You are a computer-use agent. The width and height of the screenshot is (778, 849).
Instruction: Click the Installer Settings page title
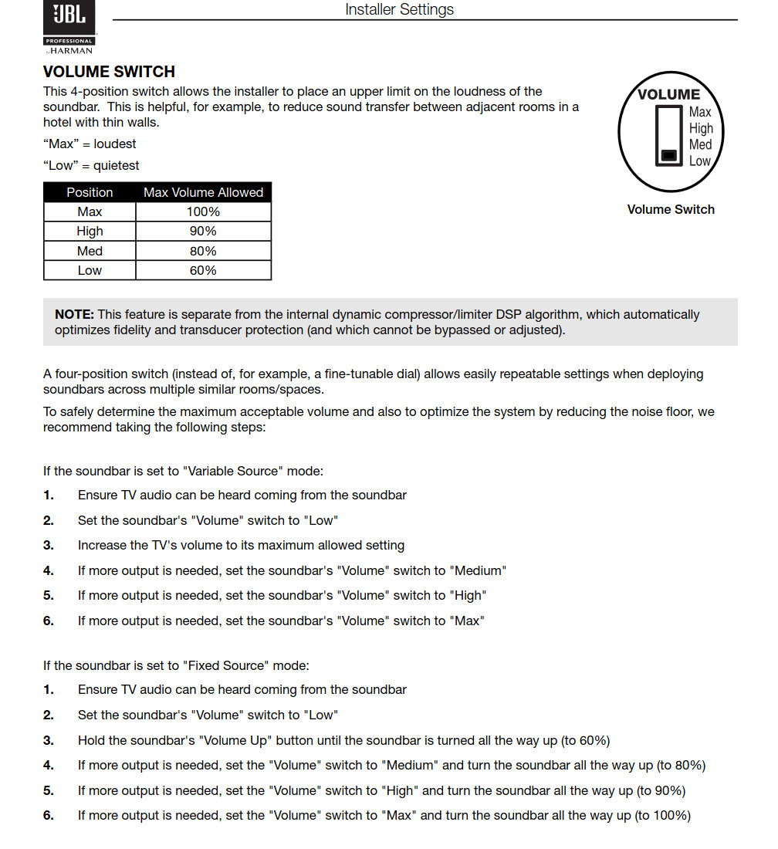click(x=399, y=9)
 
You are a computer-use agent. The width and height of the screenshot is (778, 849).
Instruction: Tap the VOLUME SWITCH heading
click(x=109, y=72)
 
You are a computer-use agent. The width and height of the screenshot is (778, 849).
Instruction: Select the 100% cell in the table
click(x=203, y=211)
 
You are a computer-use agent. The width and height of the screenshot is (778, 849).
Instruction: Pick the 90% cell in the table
click(x=203, y=231)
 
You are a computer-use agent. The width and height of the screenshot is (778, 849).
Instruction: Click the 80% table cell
click(x=203, y=251)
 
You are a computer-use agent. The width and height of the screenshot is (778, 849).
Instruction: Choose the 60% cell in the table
click(x=203, y=270)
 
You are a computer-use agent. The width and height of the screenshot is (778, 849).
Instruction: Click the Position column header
click(x=90, y=192)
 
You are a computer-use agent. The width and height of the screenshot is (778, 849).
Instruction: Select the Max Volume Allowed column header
click(x=203, y=192)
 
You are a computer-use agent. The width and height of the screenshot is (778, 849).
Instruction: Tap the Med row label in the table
click(x=90, y=251)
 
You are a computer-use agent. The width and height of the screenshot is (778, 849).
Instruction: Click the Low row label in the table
click(x=90, y=270)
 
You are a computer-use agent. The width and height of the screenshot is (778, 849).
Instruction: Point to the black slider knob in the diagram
click(x=669, y=156)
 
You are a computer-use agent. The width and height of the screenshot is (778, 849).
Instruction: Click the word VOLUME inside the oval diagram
click(x=668, y=95)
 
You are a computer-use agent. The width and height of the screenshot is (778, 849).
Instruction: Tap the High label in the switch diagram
click(x=701, y=128)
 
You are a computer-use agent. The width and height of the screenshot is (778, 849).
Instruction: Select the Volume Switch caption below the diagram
click(x=671, y=209)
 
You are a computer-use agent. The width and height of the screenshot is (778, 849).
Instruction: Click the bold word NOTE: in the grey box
click(x=74, y=314)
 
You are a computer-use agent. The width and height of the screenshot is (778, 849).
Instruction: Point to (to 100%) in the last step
click(x=662, y=815)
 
